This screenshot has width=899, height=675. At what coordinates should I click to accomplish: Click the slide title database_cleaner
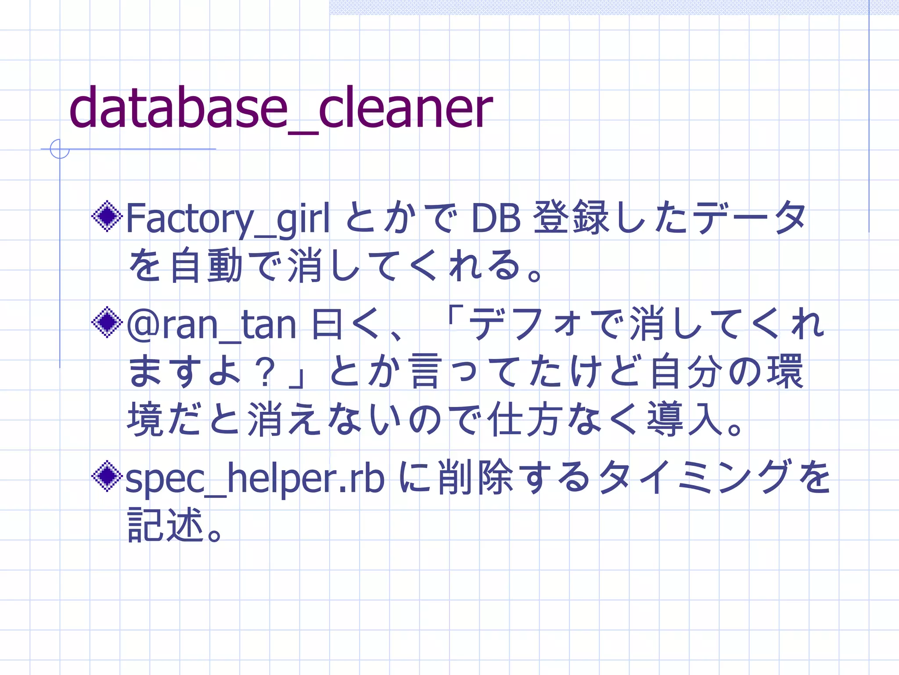[x=281, y=108]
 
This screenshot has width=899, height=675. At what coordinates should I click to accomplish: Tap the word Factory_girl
[x=227, y=218]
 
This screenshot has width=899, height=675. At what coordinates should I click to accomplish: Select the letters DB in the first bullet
[x=496, y=218]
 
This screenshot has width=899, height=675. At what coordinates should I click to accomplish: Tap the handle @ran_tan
[x=211, y=325]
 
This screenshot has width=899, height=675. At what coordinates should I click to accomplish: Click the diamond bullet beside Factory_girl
[x=107, y=216]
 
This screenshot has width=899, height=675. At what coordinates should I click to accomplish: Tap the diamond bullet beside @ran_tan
[x=107, y=323]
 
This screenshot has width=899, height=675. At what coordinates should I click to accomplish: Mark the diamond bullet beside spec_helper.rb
[x=107, y=476]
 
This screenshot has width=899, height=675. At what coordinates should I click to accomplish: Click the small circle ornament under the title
[x=60, y=149]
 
